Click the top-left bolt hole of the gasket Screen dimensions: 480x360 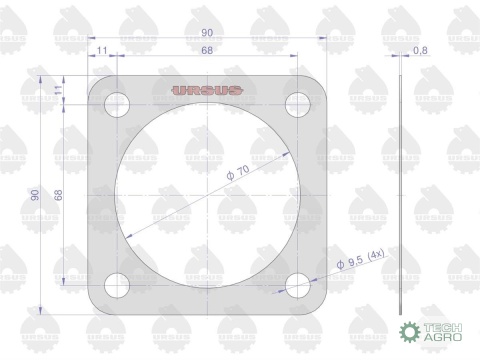(x=117, y=104)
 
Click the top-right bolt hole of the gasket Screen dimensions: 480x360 (x=298, y=104)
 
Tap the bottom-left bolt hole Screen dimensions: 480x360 (x=117, y=285)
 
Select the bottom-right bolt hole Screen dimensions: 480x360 (x=298, y=285)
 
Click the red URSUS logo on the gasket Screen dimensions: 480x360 (x=207, y=90)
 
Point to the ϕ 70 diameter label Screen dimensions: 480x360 (x=238, y=172)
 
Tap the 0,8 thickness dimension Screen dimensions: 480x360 (x=420, y=50)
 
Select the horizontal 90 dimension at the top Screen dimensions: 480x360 (x=207, y=33)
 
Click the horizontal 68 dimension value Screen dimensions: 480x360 (x=207, y=50)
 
